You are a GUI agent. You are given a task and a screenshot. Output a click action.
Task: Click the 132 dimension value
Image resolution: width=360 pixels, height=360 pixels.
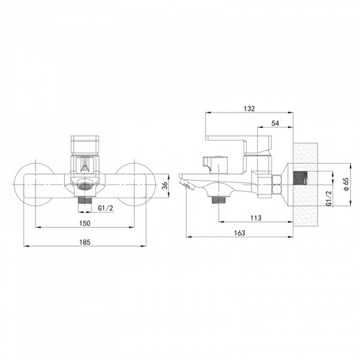point(249,109)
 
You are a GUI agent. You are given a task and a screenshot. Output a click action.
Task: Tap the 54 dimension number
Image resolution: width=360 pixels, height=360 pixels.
point(276,123)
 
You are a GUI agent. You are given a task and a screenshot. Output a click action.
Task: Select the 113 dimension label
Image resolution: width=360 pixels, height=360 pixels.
point(256,218)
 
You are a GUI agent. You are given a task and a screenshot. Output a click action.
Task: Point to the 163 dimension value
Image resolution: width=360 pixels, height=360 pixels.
point(240,233)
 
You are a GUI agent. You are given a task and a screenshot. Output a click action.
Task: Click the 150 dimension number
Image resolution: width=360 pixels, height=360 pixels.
point(84,223)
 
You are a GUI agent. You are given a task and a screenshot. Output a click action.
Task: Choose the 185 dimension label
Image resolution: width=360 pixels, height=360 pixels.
point(84,242)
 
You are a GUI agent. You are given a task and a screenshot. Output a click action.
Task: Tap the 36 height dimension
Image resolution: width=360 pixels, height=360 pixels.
point(164,186)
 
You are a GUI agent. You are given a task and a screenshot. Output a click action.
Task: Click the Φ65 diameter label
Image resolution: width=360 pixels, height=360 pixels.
point(346,184)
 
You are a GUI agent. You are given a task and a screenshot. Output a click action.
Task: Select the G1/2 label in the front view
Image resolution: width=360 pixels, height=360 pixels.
point(105,208)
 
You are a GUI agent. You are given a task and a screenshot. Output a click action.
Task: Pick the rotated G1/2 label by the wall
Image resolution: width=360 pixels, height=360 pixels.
point(329,198)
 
